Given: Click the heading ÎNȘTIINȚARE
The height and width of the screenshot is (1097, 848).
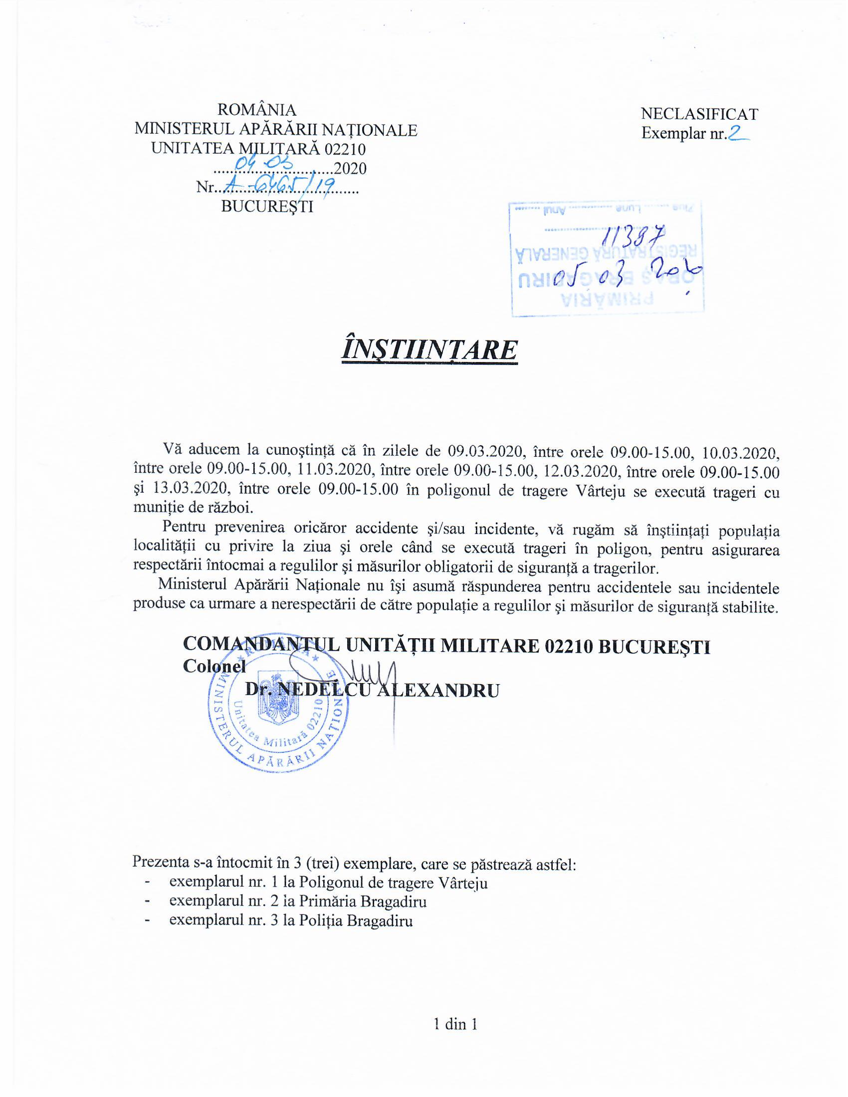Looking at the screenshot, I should (429, 350).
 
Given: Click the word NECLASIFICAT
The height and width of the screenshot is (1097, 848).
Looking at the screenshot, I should (699, 115).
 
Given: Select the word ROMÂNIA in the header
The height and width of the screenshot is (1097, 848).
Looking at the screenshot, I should (257, 110).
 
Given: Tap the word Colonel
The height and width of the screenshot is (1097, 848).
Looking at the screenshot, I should (214, 667).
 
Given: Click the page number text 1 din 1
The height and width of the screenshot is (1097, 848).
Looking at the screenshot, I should (455, 1024).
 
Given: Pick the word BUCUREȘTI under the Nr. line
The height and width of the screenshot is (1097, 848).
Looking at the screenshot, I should (267, 206).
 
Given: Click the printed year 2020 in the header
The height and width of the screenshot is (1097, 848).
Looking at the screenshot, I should (350, 169).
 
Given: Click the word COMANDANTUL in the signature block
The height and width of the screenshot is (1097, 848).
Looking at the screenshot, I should (261, 645).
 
